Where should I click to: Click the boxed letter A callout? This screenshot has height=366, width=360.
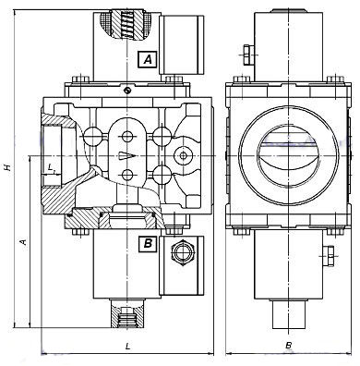tap(148, 59)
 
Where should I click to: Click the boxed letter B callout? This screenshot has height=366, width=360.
tap(148, 244)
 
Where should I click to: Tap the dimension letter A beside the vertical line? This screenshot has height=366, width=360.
tap(23, 242)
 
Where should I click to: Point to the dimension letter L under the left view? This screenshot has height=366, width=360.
tap(128, 346)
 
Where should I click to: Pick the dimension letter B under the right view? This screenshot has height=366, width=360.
tap(288, 346)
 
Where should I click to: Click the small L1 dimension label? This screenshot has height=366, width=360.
tap(52, 168)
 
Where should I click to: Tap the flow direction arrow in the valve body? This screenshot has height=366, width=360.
tap(127, 156)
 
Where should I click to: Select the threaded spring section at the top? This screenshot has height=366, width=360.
tap(126, 25)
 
